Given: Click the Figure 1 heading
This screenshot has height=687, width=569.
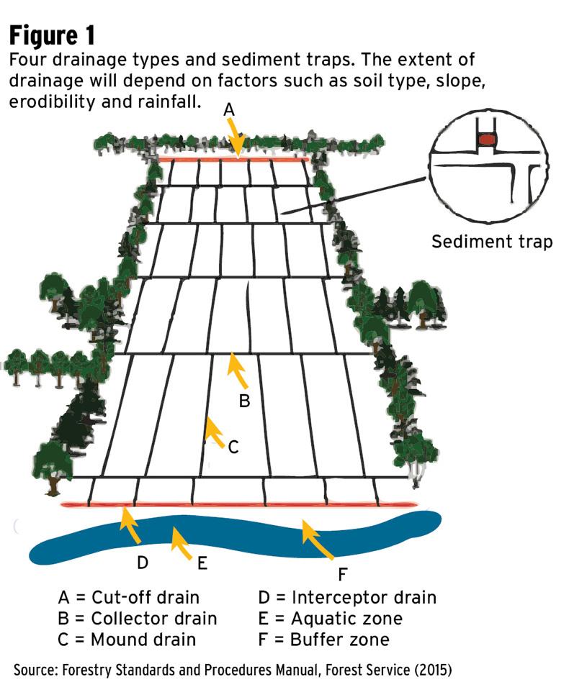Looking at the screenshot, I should (51, 34).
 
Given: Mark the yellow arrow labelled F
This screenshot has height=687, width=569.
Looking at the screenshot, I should (317, 540).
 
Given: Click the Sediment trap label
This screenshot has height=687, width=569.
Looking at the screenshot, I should (492, 242).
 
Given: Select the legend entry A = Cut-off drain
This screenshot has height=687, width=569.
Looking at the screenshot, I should (128, 597).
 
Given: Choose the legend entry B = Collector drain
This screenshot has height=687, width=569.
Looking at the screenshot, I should (137, 618).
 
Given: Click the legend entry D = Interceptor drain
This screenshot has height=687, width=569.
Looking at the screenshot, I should (346, 597).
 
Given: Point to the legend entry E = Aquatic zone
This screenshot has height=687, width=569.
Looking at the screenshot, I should (330, 618).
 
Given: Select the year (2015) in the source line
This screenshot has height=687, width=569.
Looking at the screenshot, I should (429, 670).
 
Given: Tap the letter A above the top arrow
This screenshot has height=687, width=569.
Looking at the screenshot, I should (229, 109).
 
